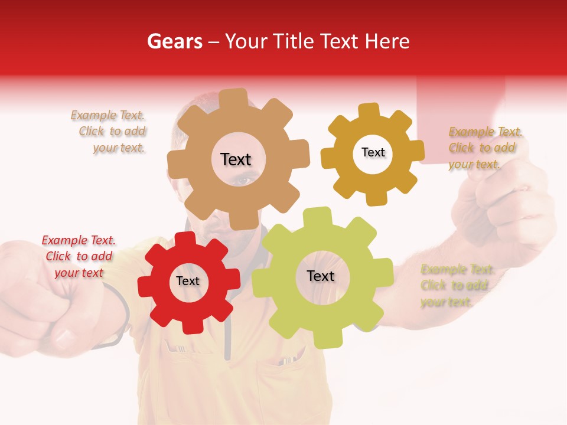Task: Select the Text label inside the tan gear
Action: [236, 159]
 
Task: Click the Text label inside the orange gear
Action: [373, 152]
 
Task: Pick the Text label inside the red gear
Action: [188, 281]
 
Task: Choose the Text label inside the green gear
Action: [321, 276]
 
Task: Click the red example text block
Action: [79, 256]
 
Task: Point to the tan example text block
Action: [110, 132]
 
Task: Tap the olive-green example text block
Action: [456, 286]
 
